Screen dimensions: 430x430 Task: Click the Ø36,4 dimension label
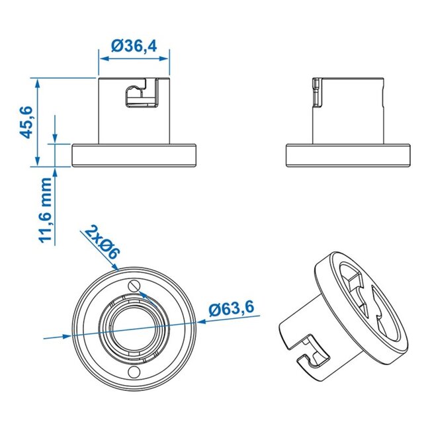tap(135, 46)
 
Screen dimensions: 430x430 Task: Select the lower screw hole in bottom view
tap(136, 371)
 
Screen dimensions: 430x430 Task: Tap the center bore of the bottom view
tap(135, 328)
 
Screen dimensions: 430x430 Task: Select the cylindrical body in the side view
tap(351, 109)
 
